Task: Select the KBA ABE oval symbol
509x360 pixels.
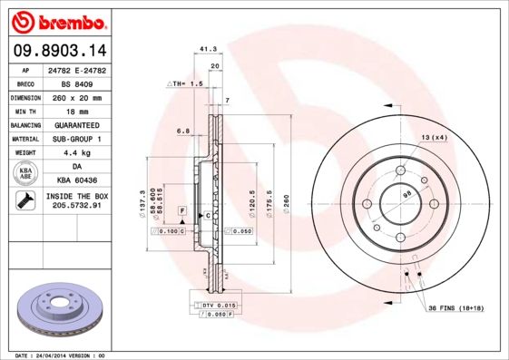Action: pyautogui.click(x=26, y=173)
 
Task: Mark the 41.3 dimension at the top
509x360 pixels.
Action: pyautogui.click(x=207, y=51)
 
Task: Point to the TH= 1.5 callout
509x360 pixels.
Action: pyautogui.click(x=183, y=83)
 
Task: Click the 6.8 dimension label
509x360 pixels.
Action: pyautogui.click(x=182, y=131)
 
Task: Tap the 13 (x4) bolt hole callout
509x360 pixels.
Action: pyautogui.click(x=434, y=137)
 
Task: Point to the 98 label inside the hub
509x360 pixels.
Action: pyautogui.click(x=406, y=194)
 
